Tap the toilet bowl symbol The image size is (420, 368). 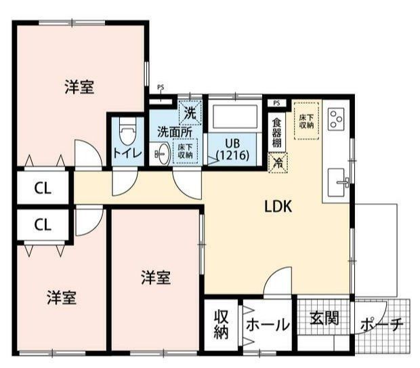point(127,131)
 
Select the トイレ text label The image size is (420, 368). point(127,153)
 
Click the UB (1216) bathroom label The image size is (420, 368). point(232,149)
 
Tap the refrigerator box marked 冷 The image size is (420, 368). point(276,163)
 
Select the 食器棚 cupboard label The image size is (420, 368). point(276,132)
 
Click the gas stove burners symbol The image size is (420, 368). point(335,120)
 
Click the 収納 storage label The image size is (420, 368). point(222,324)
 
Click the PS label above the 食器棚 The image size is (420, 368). point(276,102)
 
